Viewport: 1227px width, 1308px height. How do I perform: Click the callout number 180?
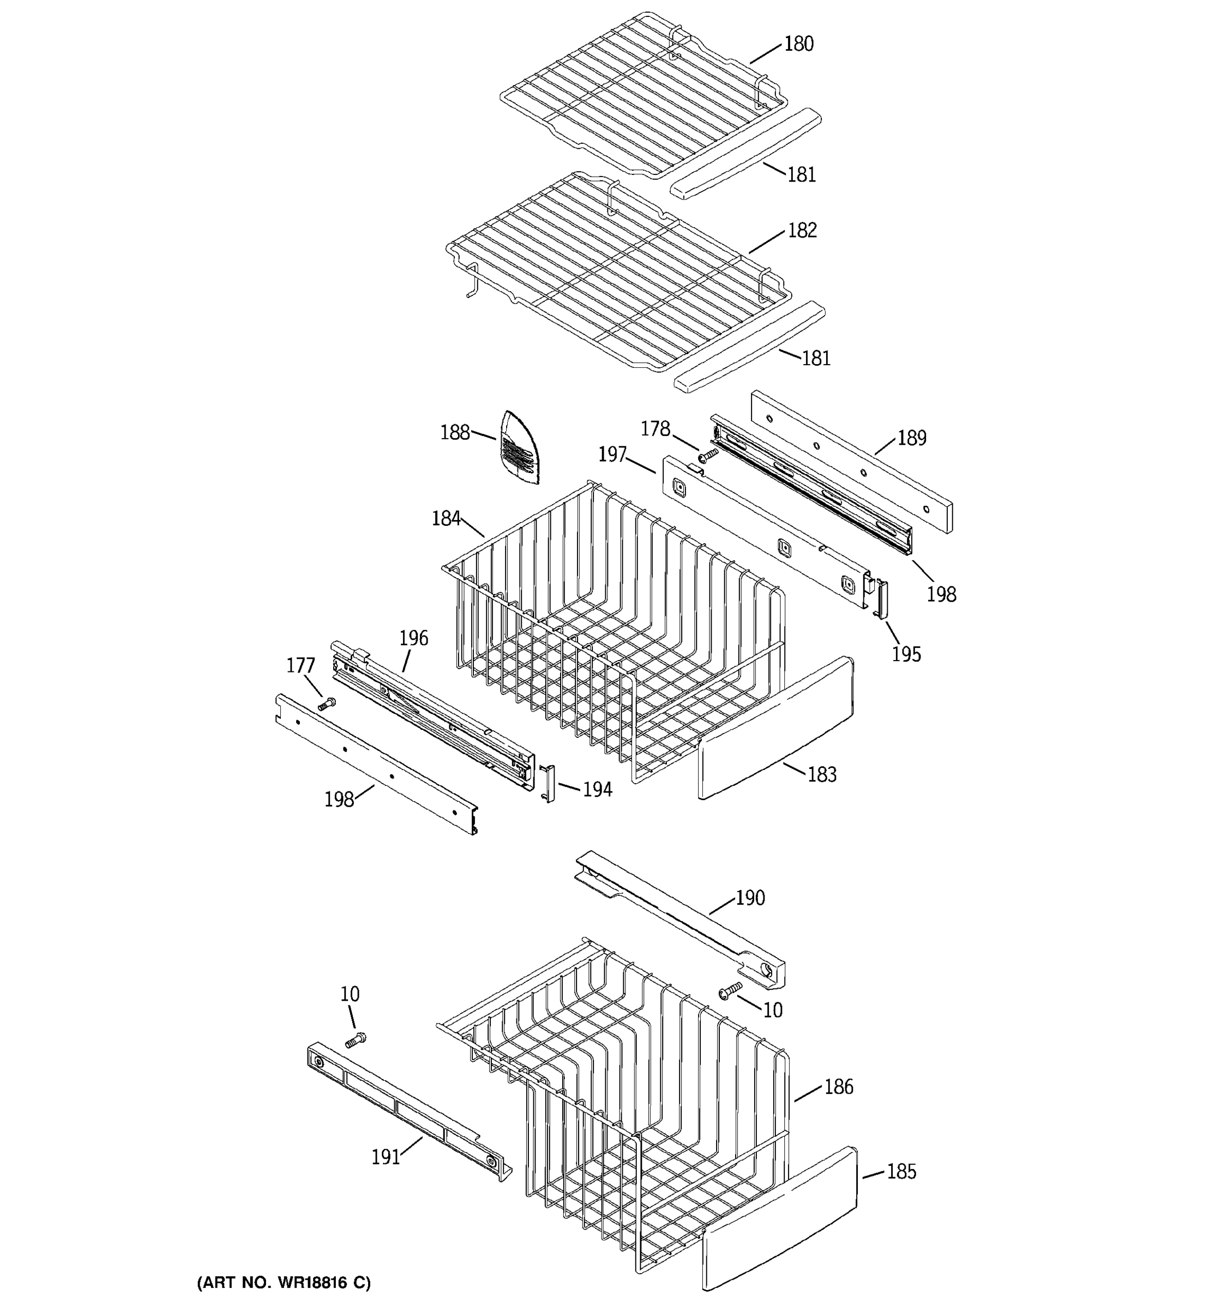coord(798,44)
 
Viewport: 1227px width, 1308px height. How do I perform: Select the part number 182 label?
coord(802,231)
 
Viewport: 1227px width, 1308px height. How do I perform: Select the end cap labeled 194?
coord(548,784)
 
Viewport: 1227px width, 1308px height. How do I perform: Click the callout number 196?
coord(413,638)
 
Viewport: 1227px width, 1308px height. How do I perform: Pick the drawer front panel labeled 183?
coord(777,726)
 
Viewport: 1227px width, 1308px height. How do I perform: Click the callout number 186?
coord(838,1087)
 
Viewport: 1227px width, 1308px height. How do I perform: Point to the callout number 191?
coord(386,1156)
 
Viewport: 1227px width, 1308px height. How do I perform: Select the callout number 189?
coord(912,438)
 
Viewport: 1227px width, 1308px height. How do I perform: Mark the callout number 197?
coord(612,454)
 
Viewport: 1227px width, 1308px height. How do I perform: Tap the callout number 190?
coord(750,898)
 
